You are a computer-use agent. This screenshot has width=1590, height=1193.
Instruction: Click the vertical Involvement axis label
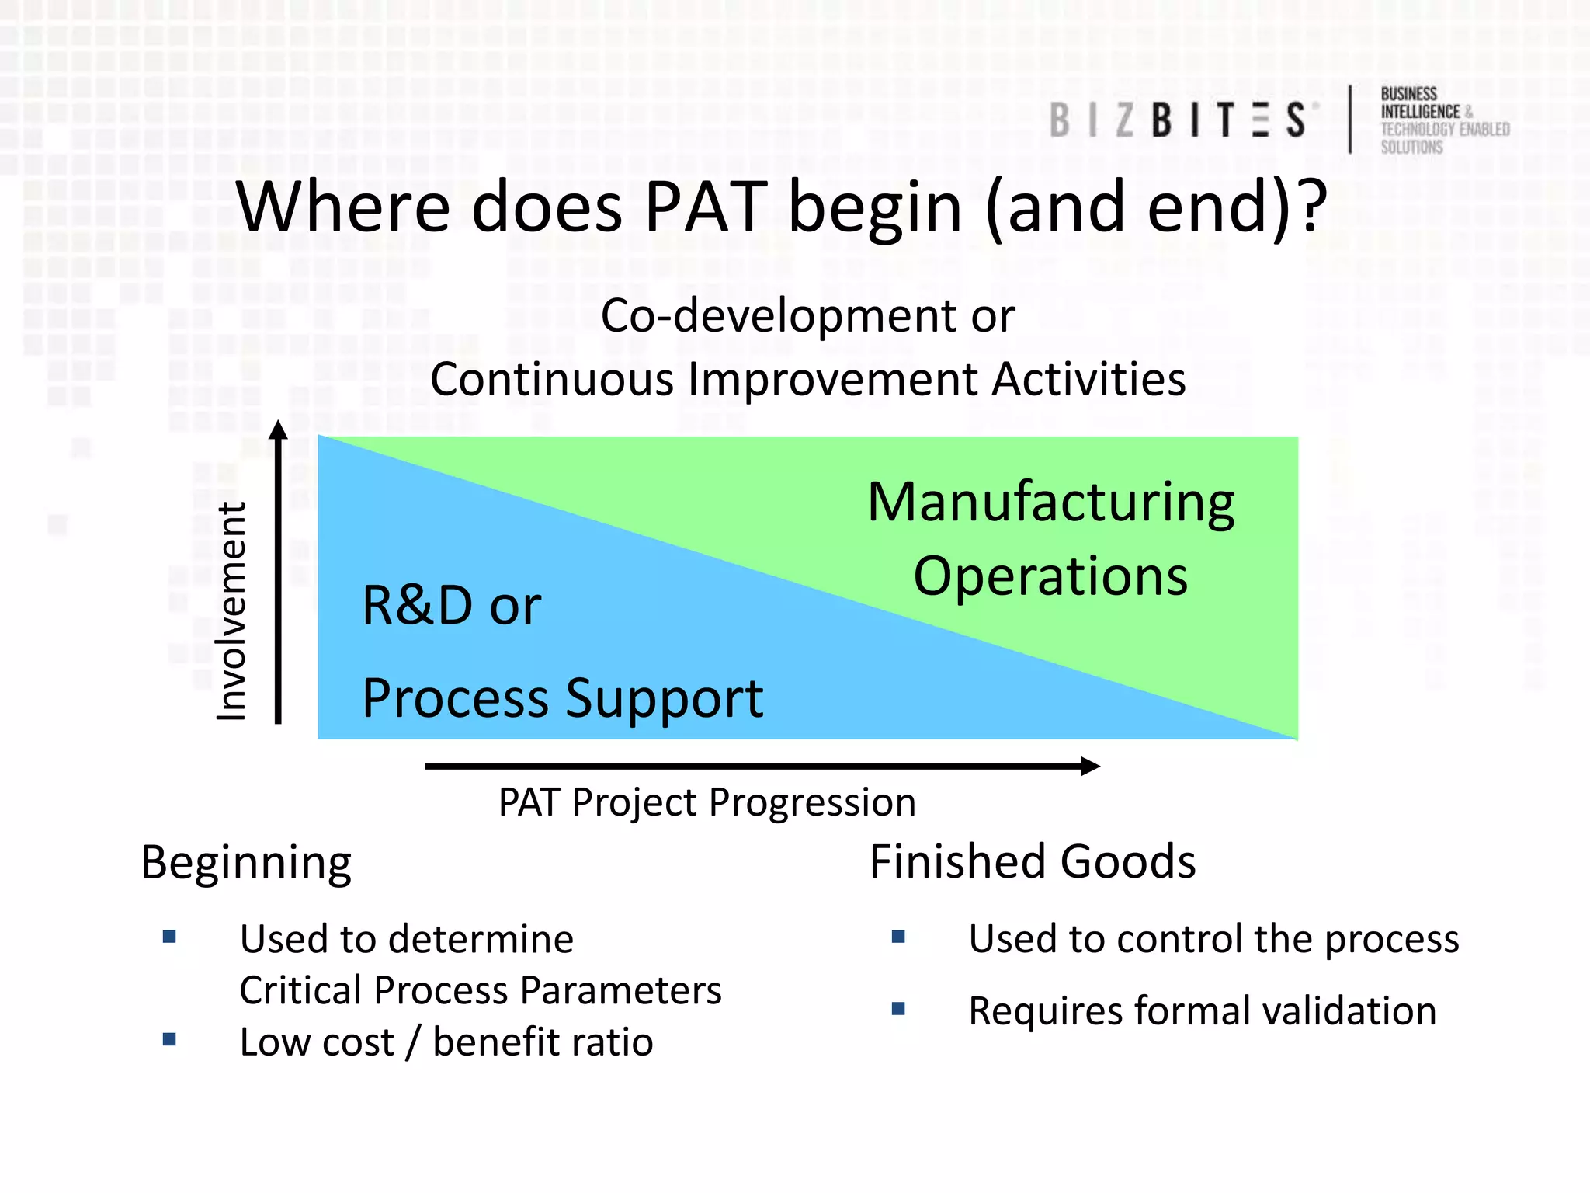click(231, 611)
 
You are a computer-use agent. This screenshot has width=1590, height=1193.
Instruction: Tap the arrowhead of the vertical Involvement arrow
click(279, 430)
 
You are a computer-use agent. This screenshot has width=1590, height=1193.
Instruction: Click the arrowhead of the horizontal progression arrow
click(1090, 766)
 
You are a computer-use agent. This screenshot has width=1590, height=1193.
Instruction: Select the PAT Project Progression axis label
click(706, 802)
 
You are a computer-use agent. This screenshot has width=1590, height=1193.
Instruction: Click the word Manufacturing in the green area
click(1050, 503)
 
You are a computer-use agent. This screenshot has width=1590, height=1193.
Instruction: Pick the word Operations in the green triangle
click(1050, 576)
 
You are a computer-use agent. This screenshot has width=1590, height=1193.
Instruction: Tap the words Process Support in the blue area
click(562, 698)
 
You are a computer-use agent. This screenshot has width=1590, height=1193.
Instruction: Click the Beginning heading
click(246, 863)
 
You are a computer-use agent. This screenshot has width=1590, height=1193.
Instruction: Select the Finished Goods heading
click(1032, 861)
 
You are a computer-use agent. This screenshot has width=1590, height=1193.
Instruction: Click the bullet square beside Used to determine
click(169, 937)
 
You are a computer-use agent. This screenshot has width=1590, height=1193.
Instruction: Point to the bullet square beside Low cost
click(169, 1039)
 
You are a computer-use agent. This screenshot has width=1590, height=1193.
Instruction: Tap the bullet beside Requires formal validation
click(898, 1009)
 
